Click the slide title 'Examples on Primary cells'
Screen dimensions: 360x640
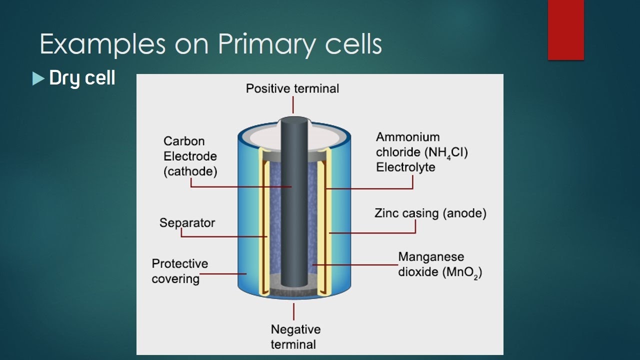[x=210, y=45]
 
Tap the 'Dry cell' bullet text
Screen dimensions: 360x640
[x=82, y=78]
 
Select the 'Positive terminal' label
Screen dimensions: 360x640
[x=292, y=88]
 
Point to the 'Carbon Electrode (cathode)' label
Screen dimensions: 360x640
[x=190, y=156]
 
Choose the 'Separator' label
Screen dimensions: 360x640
[x=187, y=222]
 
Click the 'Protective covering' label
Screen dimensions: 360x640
[x=179, y=270]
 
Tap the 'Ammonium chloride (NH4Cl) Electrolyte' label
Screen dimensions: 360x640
[x=421, y=151]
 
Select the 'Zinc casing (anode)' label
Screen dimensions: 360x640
[x=430, y=213]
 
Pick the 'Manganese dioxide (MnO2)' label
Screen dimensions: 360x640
[x=440, y=265]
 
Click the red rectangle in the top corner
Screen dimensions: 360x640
[x=565, y=29]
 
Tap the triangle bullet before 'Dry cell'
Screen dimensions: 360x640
[x=38, y=78]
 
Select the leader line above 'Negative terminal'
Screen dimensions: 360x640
[x=293, y=311]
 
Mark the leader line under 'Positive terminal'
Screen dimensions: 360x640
[x=293, y=105]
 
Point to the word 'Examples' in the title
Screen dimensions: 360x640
[x=102, y=45]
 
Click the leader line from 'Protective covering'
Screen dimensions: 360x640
[x=223, y=273]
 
